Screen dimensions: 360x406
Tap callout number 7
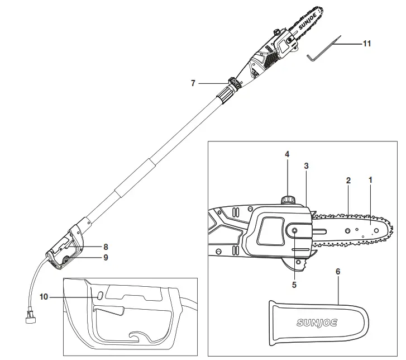point(193,83)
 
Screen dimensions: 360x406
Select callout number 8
point(104,246)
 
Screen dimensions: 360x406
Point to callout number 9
point(104,258)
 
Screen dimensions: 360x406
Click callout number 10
point(45,297)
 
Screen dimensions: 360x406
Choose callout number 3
point(306,165)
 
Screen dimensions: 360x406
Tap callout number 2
point(348,181)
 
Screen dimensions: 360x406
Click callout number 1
point(370,181)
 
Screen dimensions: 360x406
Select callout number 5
point(294,284)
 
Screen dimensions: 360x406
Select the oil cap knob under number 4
point(288,199)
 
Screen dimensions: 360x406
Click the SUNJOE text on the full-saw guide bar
point(307,29)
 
